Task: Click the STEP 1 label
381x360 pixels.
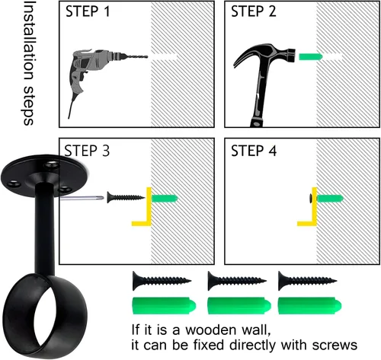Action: click(x=88, y=11)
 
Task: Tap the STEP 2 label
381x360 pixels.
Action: click(x=253, y=11)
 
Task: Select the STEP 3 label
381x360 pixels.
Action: click(x=87, y=151)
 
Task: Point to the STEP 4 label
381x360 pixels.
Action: click(x=254, y=151)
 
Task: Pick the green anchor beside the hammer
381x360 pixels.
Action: click(x=311, y=56)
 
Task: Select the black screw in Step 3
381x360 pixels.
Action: click(x=126, y=197)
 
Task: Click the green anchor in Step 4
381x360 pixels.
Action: click(x=330, y=198)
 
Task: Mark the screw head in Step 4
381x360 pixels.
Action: click(x=311, y=198)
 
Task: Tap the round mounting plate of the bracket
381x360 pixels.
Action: click(x=44, y=173)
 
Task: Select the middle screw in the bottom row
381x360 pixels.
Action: click(x=237, y=280)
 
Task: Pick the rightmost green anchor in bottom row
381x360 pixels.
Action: click(x=309, y=306)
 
